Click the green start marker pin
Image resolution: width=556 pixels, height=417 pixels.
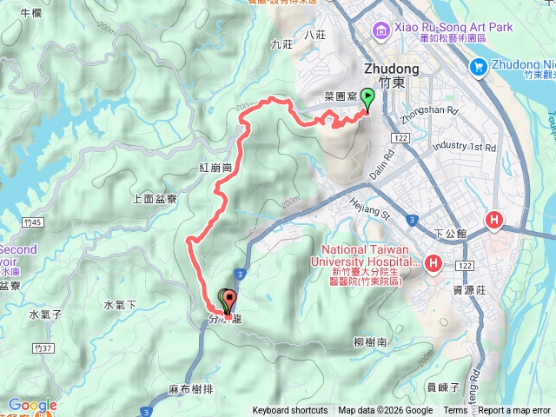367,99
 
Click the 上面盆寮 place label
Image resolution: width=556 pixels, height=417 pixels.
155,198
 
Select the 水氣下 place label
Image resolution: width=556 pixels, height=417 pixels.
121,305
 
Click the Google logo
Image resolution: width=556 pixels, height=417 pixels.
32,405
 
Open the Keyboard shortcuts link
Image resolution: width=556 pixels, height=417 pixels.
290,411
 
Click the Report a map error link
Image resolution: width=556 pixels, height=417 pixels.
516,411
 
